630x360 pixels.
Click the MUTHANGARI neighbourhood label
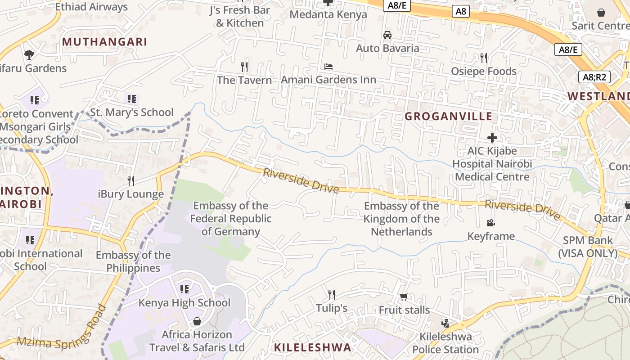104,42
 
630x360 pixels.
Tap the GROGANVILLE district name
448,117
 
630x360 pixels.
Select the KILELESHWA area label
312,347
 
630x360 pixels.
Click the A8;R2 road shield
594,77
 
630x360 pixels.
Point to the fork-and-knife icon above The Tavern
244,67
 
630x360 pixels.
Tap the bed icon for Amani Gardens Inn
328,67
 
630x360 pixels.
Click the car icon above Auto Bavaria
387,35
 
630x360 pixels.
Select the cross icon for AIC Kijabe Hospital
492,138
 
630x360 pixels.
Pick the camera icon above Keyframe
490,223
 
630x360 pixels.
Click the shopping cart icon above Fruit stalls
404,297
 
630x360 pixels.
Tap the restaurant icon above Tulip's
332,295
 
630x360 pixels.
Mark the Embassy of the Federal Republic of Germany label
231,219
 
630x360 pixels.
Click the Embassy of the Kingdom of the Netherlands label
401,219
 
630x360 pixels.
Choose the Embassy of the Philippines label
133,261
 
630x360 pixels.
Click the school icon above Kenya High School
184,289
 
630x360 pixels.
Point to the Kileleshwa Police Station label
445,343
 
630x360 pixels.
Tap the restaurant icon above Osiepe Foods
484,58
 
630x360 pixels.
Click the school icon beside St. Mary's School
131,99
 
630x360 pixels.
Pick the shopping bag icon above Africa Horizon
197,321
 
